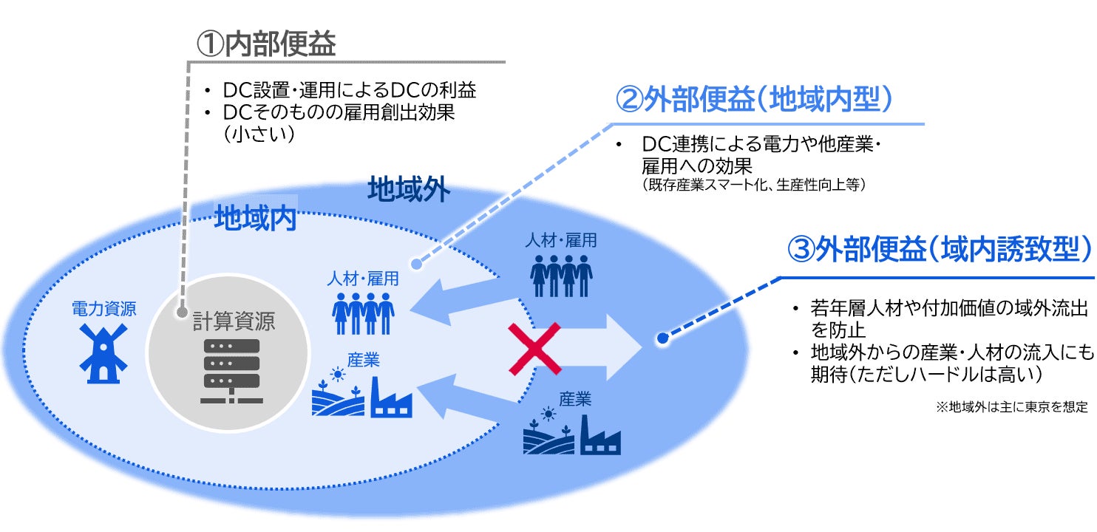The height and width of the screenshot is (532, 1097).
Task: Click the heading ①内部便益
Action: (265, 44)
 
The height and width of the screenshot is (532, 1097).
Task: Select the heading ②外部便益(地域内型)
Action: (755, 99)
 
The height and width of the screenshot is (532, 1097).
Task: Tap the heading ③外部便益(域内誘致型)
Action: (940, 250)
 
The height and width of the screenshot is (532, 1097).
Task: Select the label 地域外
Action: (408, 191)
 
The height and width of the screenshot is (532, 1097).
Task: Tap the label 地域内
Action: (255, 219)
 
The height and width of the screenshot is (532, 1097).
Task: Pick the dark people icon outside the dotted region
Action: (561, 276)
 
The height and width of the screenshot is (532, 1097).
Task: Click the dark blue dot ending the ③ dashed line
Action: (663, 338)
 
